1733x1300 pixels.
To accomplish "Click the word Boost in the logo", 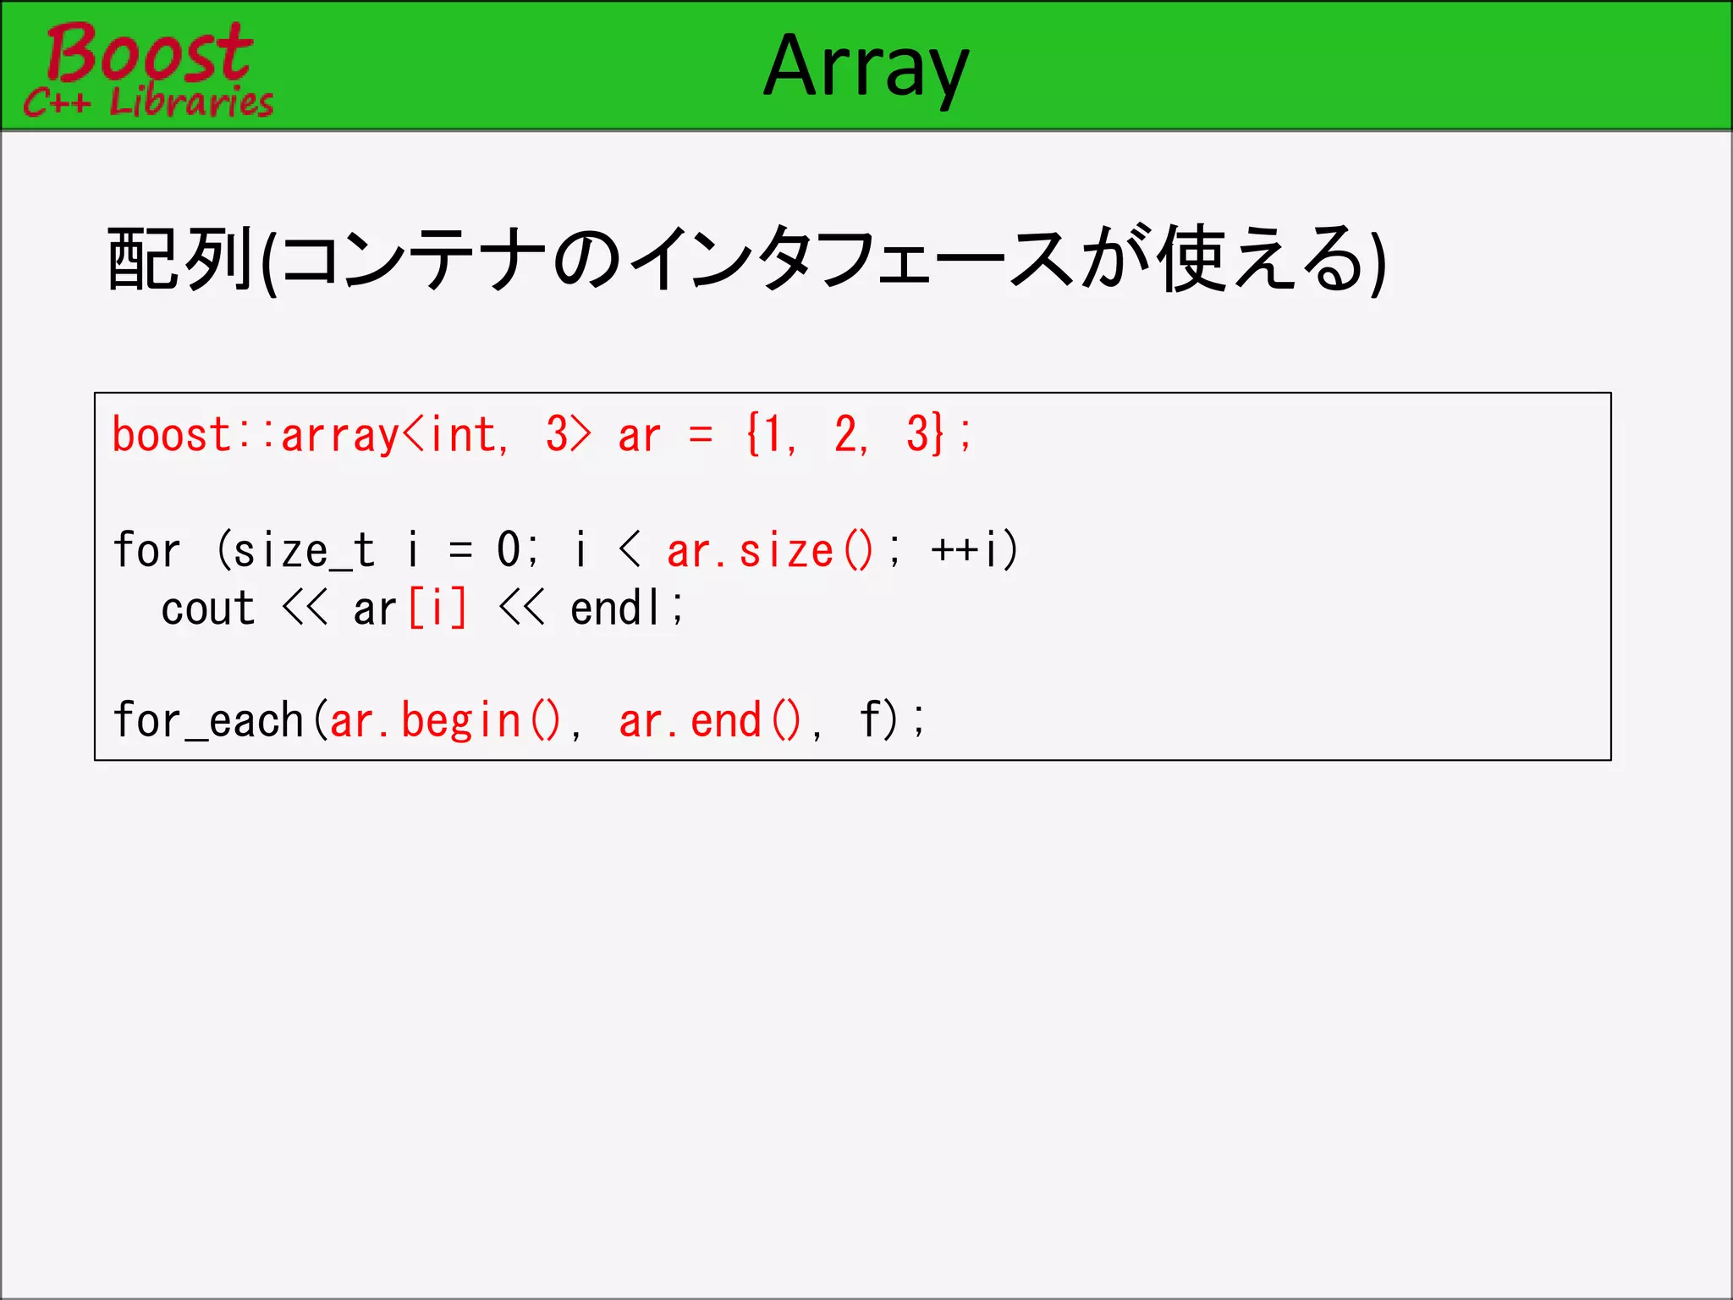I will coord(149,52).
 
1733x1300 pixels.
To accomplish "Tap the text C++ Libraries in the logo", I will coord(149,102).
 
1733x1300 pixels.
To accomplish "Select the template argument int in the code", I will coord(463,435).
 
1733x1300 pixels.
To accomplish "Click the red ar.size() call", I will coord(770,551).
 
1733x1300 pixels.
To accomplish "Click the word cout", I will coord(208,609).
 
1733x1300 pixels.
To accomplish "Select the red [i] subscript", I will coord(437,609).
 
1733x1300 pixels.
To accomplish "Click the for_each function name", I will coord(208,721).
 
